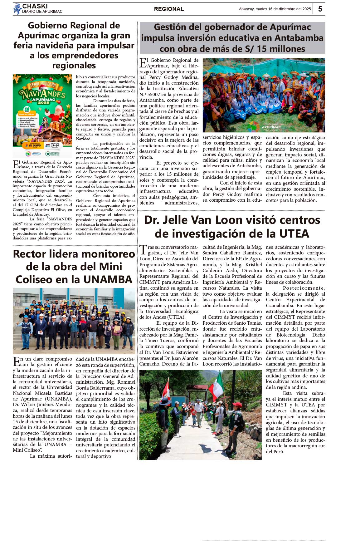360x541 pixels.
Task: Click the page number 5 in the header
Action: (x=320, y=9)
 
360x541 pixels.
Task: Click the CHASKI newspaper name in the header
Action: (x=35, y=6)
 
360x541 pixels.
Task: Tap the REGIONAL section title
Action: (x=169, y=9)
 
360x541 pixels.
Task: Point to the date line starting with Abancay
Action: (x=275, y=9)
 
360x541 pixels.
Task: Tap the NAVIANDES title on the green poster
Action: (x=42, y=93)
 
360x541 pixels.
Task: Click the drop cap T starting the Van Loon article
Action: (x=143, y=250)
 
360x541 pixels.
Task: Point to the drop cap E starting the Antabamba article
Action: (x=143, y=63)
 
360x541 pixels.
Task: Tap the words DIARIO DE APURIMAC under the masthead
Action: (x=42, y=12)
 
